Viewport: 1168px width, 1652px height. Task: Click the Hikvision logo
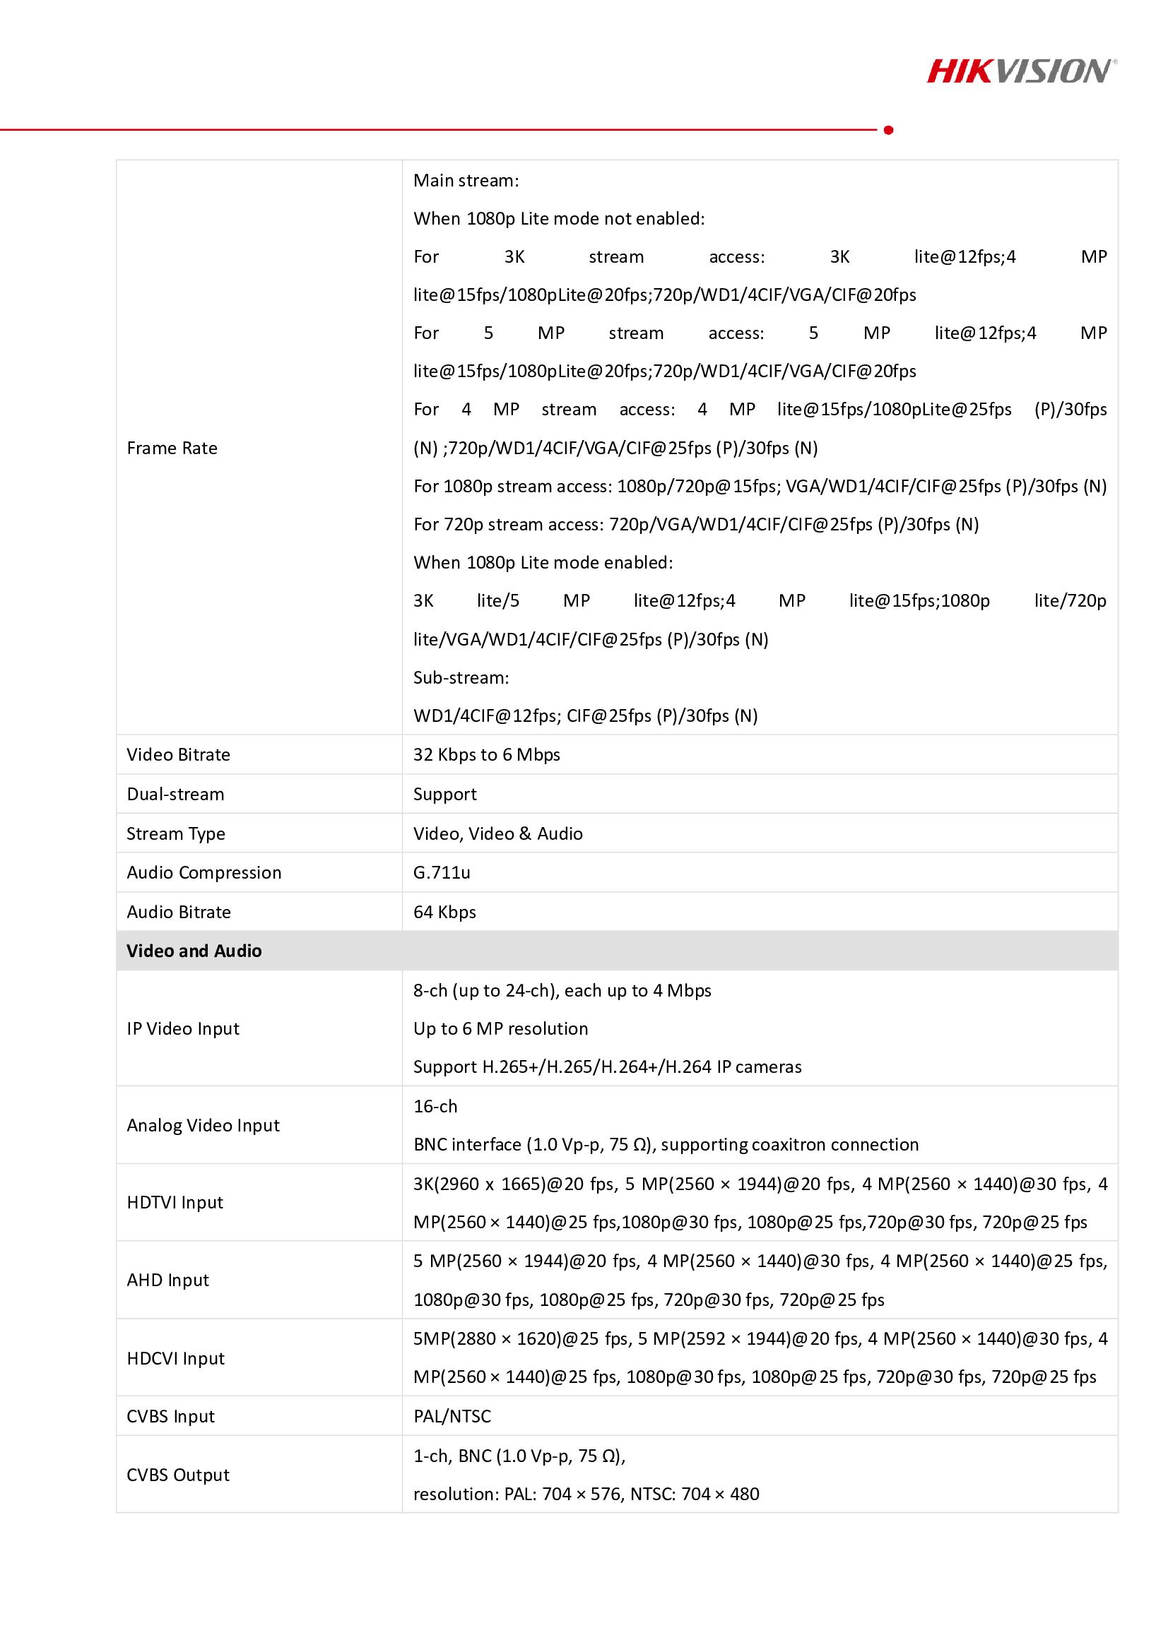1021,71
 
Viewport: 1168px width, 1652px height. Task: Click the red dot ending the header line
889,130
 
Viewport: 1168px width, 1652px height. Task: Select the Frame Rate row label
172,448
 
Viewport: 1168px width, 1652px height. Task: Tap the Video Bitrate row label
179,755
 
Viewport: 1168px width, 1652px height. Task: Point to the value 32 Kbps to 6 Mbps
486,755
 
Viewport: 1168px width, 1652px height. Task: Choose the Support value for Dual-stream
444,795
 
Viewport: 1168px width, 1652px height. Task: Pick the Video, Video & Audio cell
498,834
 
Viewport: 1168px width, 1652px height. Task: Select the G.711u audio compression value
442,873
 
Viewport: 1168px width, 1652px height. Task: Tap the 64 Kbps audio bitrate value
444,913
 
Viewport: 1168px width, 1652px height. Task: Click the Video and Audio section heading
194,951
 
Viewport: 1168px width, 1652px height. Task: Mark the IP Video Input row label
183,1029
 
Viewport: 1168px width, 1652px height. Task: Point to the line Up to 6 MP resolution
501,1029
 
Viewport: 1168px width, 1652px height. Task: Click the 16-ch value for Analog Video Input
435,1107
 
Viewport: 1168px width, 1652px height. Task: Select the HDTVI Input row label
175,1203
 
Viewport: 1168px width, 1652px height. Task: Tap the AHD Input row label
167,1280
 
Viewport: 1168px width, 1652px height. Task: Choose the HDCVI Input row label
176,1358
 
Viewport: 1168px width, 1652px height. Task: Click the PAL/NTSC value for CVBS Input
452,1417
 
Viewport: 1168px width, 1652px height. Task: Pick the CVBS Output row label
178,1475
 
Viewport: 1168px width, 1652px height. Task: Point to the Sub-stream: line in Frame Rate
461,678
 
